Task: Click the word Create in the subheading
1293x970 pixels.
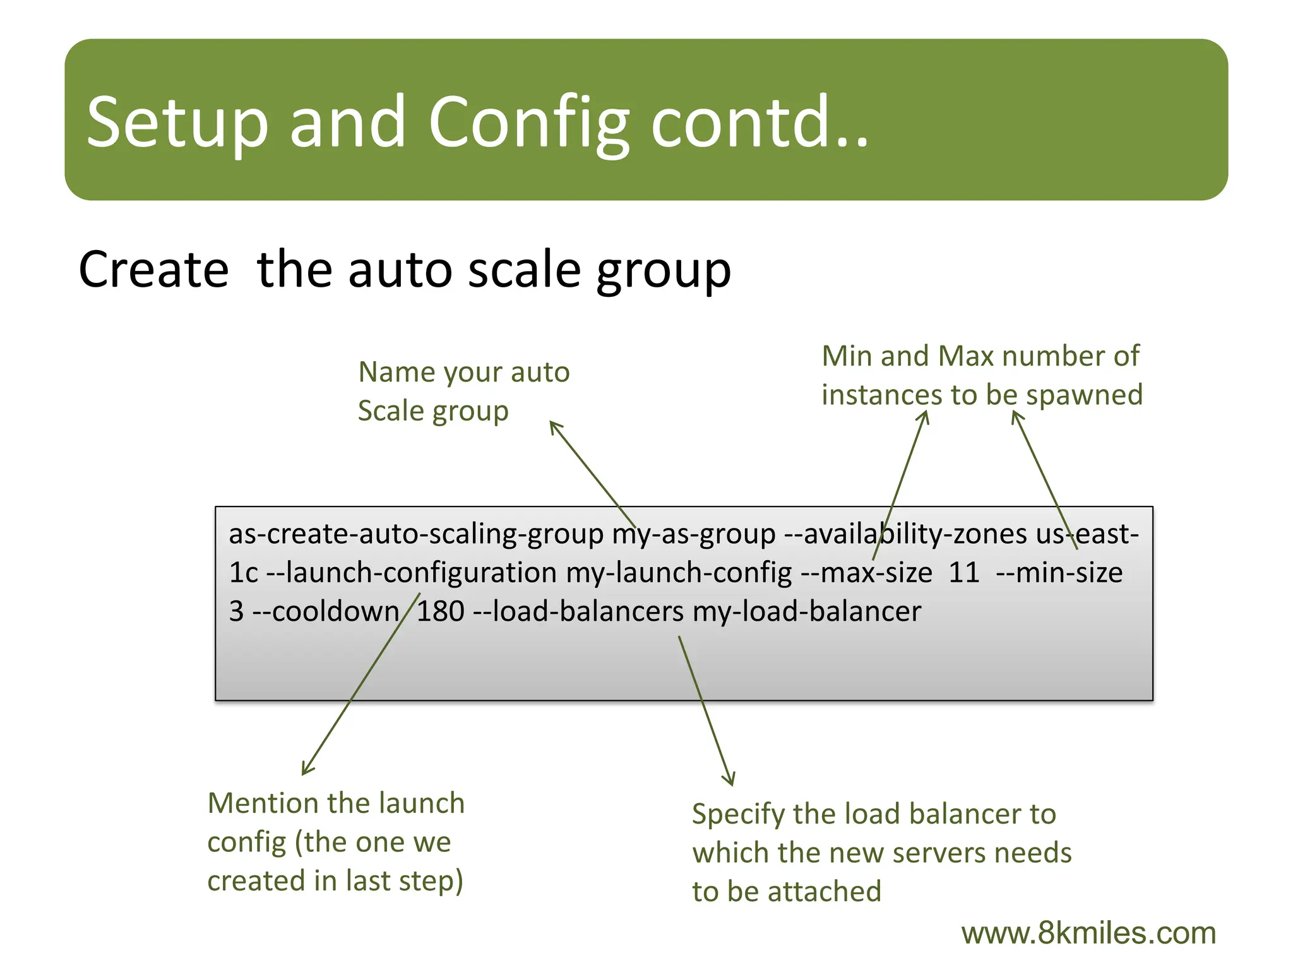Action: (x=153, y=270)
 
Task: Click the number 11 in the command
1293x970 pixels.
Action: (x=963, y=573)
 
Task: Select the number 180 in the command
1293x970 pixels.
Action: (x=440, y=611)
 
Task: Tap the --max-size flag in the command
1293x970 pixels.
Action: (x=866, y=573)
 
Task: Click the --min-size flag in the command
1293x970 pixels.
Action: (x=1059, y=573)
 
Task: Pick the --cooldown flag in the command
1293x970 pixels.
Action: (x=325, y=611)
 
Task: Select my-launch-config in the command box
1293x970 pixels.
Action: (x=679, y=573)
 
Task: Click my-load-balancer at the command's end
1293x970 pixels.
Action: (x=806, y=611)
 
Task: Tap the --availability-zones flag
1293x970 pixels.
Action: (x=905, y=534)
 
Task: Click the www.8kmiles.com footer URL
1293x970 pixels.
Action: (x=1088, y=933)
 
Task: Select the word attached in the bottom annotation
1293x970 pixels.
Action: (x=824, y=892)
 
